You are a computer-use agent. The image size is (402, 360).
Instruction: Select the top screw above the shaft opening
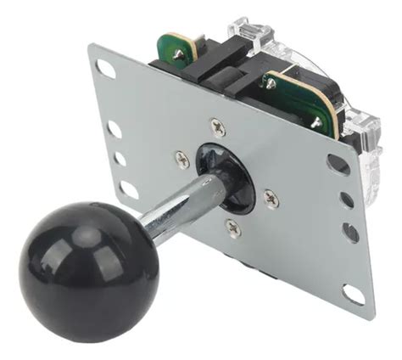(x=219, y=128)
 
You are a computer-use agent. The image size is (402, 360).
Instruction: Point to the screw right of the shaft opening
(x=271, y=198)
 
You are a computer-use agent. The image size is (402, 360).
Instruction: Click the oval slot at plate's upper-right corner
(x=338, y=162)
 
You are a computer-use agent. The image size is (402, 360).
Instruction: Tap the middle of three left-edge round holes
(x=120, y=159)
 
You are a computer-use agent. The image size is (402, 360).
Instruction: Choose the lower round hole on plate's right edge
(x=350, y=231)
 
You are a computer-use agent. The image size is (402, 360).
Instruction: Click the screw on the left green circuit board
(x=179, y=54)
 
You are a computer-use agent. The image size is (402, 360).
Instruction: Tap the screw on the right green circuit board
(x=316, y=122)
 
